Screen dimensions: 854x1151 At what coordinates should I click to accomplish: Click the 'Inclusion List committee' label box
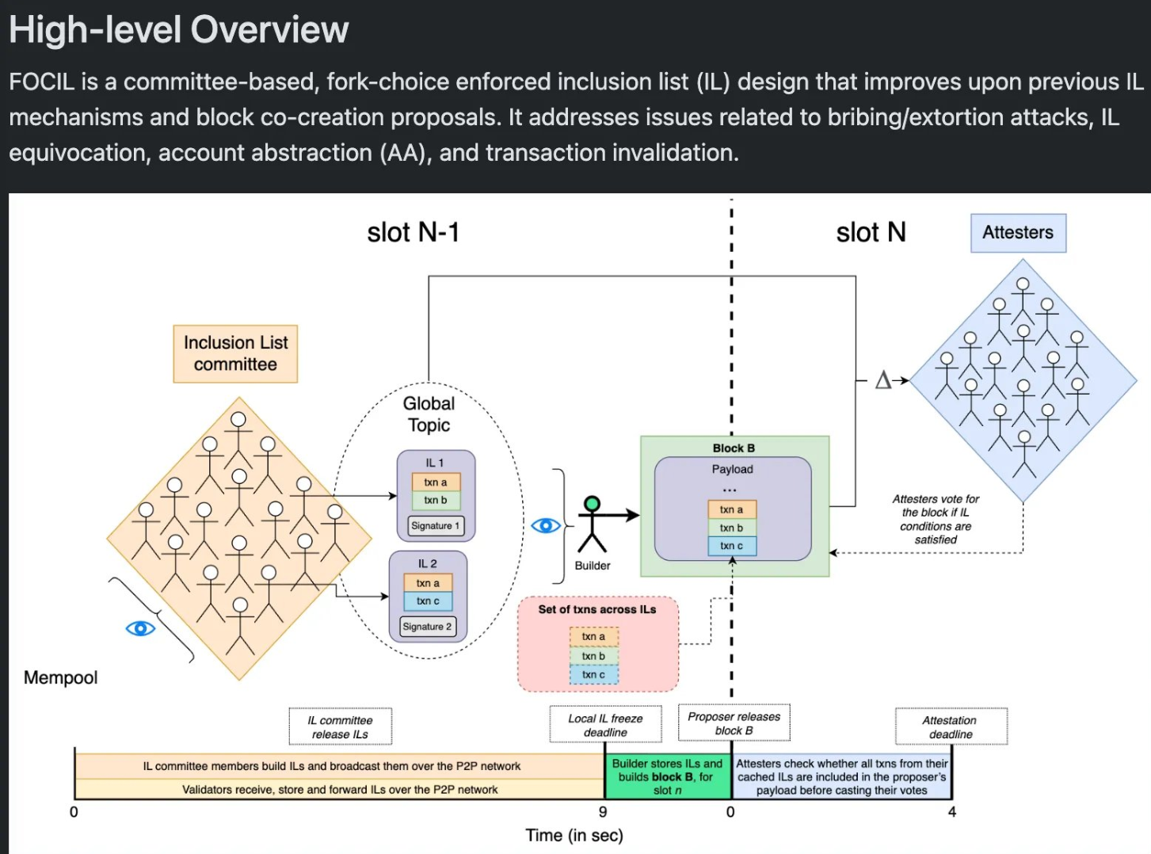point(235,353)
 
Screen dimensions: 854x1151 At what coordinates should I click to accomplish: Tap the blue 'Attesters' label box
point(1018,233)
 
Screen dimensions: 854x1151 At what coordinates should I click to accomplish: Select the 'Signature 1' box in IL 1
point(435,525)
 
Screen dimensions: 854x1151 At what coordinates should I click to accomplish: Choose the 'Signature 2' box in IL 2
point(427,627)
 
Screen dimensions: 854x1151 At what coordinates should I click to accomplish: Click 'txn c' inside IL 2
point(428,601)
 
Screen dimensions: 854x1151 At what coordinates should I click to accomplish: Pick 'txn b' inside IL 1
point(436,500)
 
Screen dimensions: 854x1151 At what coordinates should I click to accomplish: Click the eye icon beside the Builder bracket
point(545,525)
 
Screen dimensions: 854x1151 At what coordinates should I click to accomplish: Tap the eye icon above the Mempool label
point(140,628)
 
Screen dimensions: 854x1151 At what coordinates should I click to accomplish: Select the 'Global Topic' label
point(429,414)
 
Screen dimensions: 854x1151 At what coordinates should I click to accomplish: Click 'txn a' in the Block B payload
point(731,509)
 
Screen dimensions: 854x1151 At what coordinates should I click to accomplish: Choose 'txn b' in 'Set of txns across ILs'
point(593,656)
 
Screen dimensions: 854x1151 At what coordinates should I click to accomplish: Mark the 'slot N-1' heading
point(413,232)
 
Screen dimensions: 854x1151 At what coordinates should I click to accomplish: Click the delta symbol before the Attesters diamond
point(882,380)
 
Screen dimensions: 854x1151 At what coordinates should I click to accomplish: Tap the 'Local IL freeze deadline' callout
point(605,725)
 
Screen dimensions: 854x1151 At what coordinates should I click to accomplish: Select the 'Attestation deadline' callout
point(951,726)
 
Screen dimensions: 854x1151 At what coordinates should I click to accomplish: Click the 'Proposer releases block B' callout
point(734,723)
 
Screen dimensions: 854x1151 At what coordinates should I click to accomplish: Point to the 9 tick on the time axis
point(603,812)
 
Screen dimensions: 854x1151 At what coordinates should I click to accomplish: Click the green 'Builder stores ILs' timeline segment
point(667,776)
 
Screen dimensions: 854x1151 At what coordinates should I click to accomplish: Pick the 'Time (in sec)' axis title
point(574,835)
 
